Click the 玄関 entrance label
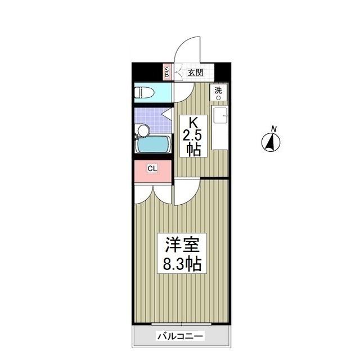(x=195, y=73)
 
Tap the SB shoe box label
(x=166, y=72)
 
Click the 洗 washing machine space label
(x=218, y=90)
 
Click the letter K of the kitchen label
(x=193, y=122)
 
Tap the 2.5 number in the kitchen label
(x=193, y=136)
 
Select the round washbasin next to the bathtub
(x=143, y=131)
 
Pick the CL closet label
(x=152, y=168)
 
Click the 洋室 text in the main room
(x=182, y=246)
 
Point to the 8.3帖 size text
(x=182, y=263)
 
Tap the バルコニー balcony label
(x=180, y=336)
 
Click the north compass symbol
(x=271, y=143)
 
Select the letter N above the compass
(x=273, y=129)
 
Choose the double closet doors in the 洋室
(x=152, y=193)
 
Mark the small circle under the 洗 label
(x=218, y=97)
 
